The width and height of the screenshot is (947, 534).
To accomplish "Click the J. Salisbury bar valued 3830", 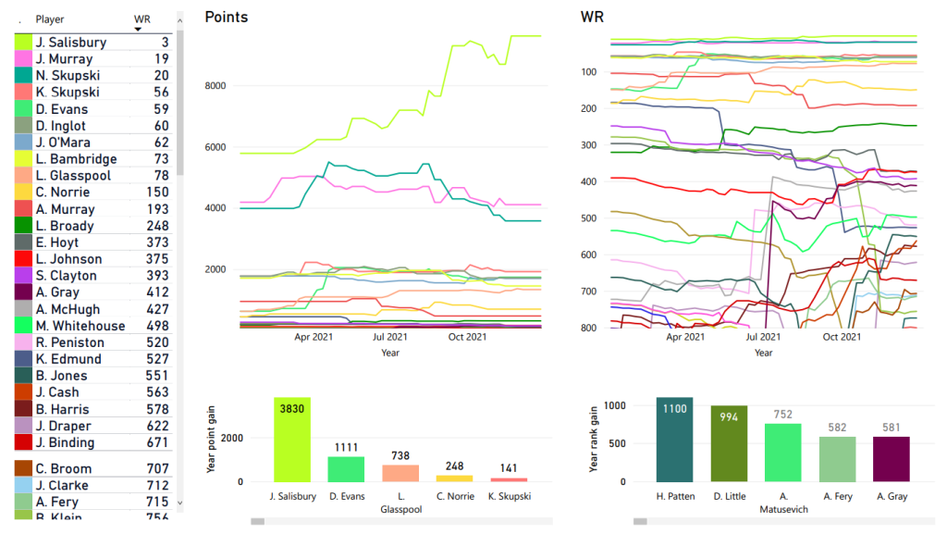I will coord(291,440).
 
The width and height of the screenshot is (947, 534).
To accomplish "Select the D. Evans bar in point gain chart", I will coord(346,468).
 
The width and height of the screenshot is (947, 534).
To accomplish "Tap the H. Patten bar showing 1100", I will coord(674,440).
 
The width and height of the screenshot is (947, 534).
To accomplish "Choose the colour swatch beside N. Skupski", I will coord(24,76).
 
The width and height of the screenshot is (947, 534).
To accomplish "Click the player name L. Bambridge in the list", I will coord(76,159).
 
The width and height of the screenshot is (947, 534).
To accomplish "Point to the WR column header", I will coord(142,19).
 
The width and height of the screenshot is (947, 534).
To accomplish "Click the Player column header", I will coord(50,19).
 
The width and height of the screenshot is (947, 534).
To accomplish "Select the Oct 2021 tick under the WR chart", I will coord(841,338).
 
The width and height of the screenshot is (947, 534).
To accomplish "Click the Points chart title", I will coord(227,17).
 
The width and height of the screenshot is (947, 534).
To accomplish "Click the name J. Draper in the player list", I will coord(63,426).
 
